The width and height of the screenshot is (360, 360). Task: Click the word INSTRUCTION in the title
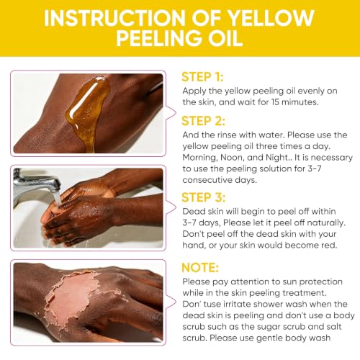114,18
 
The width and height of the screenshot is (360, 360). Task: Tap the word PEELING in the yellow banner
158,38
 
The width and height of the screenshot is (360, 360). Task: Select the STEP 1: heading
202,77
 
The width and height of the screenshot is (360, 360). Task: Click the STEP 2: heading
203,121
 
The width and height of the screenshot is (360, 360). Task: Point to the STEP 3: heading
204,197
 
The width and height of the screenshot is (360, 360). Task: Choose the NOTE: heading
200,268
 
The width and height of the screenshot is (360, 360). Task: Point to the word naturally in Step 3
326,223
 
